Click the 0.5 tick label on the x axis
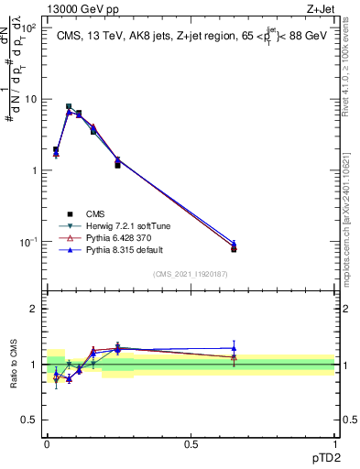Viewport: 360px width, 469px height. click(x=191, y=443)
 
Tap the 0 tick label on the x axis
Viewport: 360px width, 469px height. click(x=47, y=443)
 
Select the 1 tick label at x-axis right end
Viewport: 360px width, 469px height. click(x=335, y=443)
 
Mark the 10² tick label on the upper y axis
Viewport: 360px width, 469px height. click(x=28, y=27)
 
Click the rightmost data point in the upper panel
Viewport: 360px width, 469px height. click(x=234, y=247)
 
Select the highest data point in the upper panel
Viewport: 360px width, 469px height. click(x=70, y=107)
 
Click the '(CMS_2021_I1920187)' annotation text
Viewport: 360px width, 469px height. click(x=191, y=274)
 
